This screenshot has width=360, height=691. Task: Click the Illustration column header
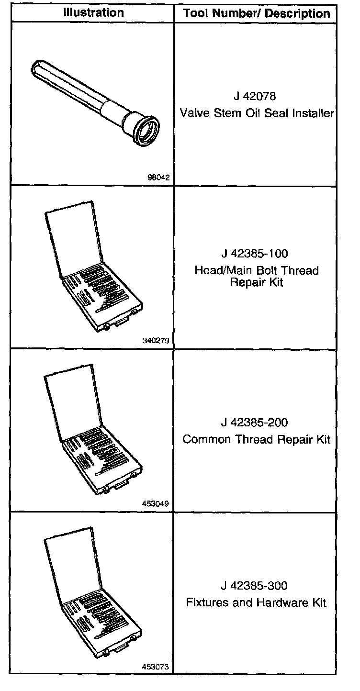point(93,13)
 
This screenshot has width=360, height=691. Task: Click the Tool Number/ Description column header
point(257,13)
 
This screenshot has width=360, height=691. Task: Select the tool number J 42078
point(255,96)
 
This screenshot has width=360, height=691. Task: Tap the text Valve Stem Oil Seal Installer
point(257,113)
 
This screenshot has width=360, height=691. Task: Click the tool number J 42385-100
point(255,253)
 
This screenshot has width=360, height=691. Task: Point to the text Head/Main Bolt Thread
point(257,270)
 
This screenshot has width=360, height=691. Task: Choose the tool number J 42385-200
point(255,423)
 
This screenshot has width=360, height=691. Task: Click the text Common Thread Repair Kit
point(257,439)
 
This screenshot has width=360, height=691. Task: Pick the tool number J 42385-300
point(255,586)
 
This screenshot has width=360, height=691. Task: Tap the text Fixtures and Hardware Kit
point(257,602)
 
